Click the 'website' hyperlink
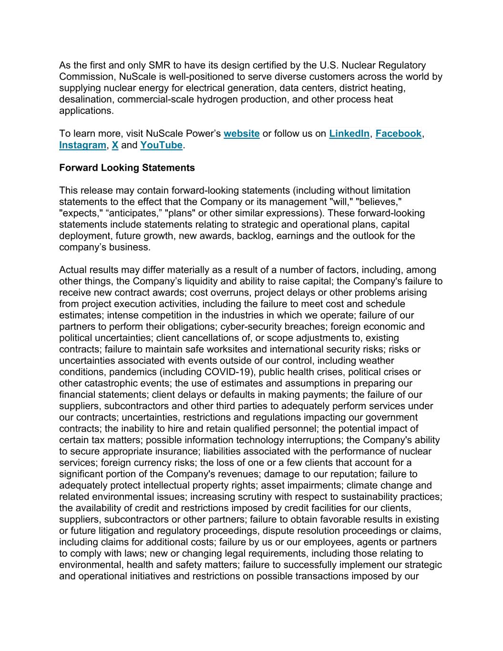click(x=241, y=134)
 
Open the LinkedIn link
click(x=349, y=134)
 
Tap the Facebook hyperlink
click(x=398, y=134)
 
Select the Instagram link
click(x=82, y=145)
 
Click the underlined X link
click(x=115, y=145)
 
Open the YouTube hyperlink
click(x=161, y=145)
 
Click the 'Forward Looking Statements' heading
click(x=127, y=168)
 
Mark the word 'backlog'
click(x=254, y=236)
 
